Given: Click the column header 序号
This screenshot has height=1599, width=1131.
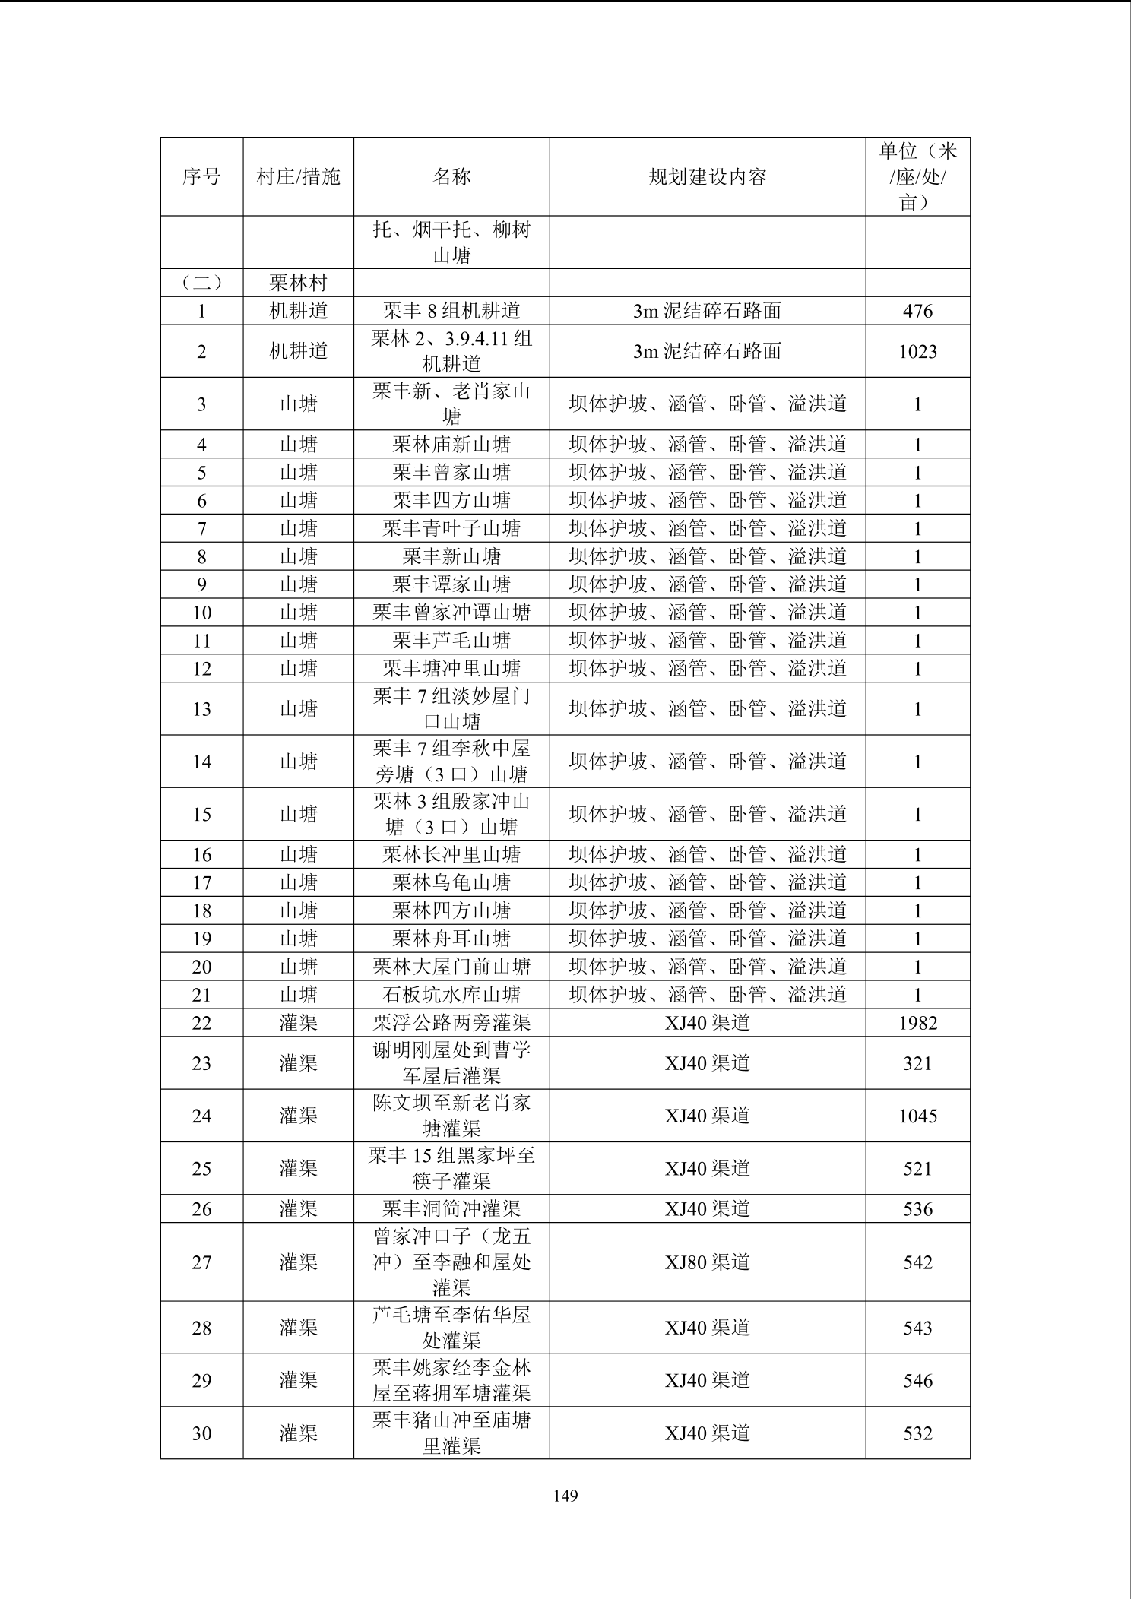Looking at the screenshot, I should pyautogui.click(x=201, y=177).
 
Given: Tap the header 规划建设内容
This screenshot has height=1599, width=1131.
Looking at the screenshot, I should pyautogui.click(x=707, y=177).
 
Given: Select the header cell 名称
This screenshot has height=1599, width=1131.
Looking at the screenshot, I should pyautogui.click(x=451, y=177).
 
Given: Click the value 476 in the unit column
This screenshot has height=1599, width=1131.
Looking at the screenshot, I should pyautogui.click(x=917, y=311).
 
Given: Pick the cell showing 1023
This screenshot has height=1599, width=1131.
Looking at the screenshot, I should pyautogui.click(x=917, y=351).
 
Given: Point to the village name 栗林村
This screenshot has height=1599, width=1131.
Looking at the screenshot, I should pyautogui.click(x=298, y=283).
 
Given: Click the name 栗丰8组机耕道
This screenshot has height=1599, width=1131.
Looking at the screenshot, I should pyautogui.click(x=451, y=311).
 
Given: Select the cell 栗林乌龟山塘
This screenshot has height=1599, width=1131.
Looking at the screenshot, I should pyautogui.click(x=451, y=882).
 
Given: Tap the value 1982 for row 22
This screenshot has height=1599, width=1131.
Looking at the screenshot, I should pyautogui.click(x=917, y=1023).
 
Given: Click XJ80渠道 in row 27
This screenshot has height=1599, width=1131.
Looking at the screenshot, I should pyautogui.click(x=707, y=1262).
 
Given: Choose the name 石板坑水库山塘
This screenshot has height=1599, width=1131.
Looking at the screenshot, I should pyautogui.click(x=451, y=995).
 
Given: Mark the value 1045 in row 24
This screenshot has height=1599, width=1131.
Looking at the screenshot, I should pyautogui.click(x=917, y=1116).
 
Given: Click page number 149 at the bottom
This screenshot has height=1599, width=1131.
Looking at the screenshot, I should pyautogui.click(x=565, y=1496).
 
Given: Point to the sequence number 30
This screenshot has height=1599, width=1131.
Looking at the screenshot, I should pyautogui.click(x=201, y=1433).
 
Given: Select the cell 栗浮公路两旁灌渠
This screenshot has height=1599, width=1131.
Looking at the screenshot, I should pyautogui.click(x=451, y=1023).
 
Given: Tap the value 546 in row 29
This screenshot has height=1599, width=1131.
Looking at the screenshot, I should pyautogui.click(x=917, y=1381).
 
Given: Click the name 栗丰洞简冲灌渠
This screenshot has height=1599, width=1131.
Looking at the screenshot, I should pyautogui.click(x=451, y=1209).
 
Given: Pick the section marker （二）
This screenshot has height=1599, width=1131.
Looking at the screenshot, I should pyautogui.click(x=201, y=283).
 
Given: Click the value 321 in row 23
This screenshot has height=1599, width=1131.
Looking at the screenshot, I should pyautogui.click(x=917, y=1063).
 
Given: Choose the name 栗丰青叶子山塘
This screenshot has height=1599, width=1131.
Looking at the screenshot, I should pyautogui.click(x=451, y=528).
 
